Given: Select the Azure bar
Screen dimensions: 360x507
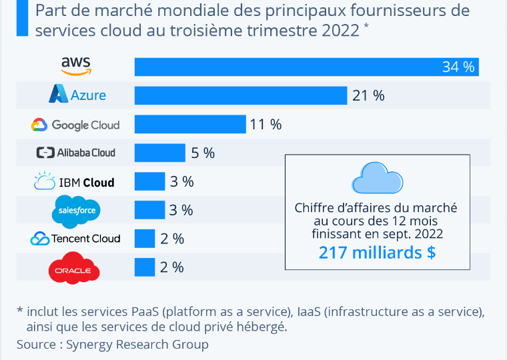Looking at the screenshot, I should coord(241,95).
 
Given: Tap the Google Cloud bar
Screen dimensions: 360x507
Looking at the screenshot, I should coord(190,124).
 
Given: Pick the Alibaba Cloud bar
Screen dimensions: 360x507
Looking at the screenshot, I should coord(160,153).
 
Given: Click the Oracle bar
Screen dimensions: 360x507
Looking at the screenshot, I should coord(145,267).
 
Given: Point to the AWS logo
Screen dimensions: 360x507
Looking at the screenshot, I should coord(76,65).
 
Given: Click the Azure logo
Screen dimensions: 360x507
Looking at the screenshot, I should coord(77,95).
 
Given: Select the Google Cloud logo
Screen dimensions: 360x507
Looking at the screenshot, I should coord(75,125).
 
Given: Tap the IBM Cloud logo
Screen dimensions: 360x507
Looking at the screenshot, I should coord(74,181).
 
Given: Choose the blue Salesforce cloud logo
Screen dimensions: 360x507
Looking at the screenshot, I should coord(76,211).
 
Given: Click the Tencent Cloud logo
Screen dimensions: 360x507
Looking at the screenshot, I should coord(75,239).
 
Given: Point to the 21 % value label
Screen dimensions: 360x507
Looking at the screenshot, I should coord(368,95).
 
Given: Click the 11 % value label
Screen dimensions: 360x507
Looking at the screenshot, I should coord(266,124).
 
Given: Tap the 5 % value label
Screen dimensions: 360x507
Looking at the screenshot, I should coord(203,153).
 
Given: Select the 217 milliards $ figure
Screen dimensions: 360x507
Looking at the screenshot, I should coord(377,253).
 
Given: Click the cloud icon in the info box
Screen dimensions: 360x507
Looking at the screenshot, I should coord(377,177).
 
